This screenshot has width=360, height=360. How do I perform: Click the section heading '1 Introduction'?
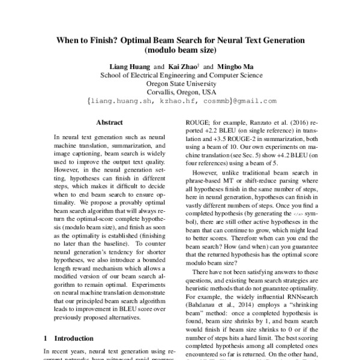pyautogui.click(x=69, y=338)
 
